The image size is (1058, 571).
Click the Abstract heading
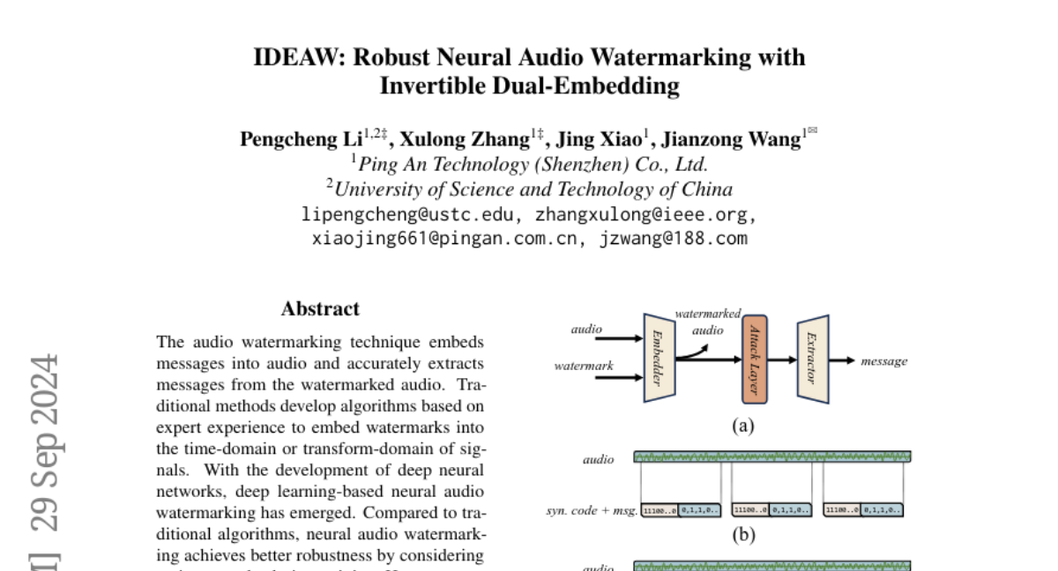coord(320,309)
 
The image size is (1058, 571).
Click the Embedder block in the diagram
coord(659,358)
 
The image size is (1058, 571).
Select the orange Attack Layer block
coord(755,360)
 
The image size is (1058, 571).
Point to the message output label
coord(883,361)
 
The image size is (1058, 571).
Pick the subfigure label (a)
coord(743,426)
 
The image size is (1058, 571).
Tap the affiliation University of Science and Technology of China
coord(529,189)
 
